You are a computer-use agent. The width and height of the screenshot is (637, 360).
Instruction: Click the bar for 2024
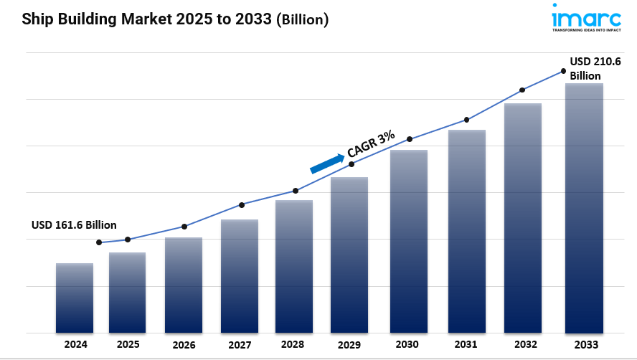pyautogui.click(x=75, y=298)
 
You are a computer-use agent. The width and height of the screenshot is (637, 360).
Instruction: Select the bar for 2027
pyautogui.click(x=240, y=276)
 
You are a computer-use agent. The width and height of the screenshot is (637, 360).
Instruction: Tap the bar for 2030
pyautogui.click(x=409, y=241)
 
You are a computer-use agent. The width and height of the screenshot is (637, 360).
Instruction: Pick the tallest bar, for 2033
pyautogui.click(x=584, y=208)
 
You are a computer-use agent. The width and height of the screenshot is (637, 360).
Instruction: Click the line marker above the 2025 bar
pyautogui.click(x=128, y=240)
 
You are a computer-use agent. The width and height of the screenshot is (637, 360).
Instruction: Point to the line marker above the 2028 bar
pyautogui.click(x=295, y=191)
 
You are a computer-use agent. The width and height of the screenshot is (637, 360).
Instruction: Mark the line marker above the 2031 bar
pyautogui.click(x=467, y=120)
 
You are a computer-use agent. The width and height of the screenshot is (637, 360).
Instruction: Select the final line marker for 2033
pyautogui.click(x=563, y=70)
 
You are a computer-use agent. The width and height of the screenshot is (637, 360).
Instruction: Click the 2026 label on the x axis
pyautogui.click(x=184, y=345)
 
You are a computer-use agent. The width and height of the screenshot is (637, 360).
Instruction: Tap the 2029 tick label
pyautogui.click(x=349, y=345)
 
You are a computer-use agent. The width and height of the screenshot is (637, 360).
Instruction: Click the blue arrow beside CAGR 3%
pyautogui.click(x=326, y=164)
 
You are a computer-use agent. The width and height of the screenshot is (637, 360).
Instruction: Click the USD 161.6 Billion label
pyautogui.click(x=74, y=225)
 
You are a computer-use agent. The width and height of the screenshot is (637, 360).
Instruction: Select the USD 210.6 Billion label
pyautogui.click(x=595, y=68)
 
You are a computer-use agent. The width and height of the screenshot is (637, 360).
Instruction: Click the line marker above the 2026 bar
pyautogui.click(x=184, y=227)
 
